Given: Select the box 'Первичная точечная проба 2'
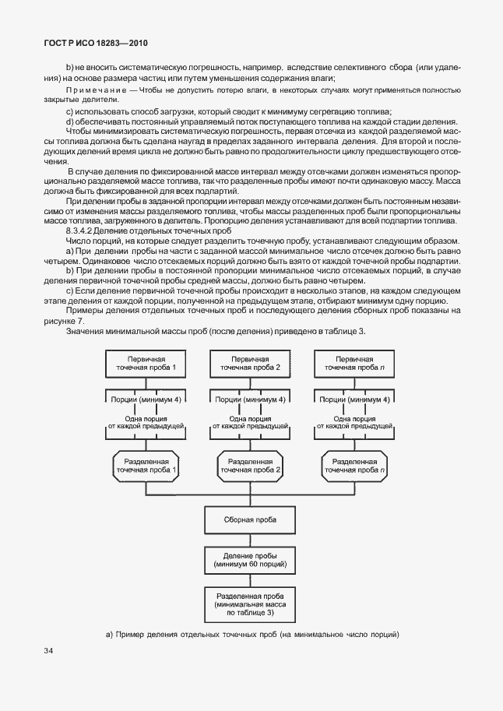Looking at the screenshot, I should tap(250, 363).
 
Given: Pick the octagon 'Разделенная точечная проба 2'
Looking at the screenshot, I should tap(250, 466).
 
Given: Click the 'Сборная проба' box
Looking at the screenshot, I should tap(250, 518).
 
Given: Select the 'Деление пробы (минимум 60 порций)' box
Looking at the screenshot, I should tap(250, 559).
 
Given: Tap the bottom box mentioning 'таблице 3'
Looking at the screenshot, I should tap(250, 604).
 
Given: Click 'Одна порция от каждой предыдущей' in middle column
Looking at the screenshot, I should tap(250, 423).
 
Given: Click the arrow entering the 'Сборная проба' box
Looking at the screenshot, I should tap(250, 500).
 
